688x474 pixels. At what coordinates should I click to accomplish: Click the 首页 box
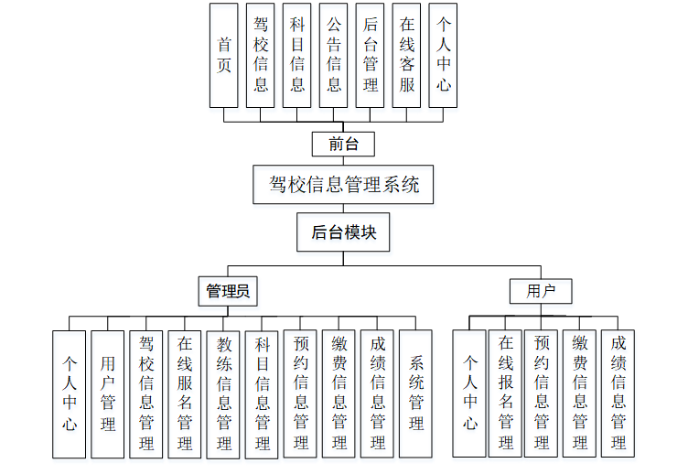tap(224, 55)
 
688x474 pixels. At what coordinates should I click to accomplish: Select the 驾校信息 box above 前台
tap(261, 55)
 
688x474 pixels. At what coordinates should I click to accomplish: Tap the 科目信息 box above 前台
tap(297, 55)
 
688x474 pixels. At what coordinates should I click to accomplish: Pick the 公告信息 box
tap(334, 55)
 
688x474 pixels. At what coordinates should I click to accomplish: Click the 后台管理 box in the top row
tap(371, 55)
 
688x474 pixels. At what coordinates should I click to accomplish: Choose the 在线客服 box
tap(407, 55)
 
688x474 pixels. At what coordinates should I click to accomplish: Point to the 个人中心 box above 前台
tap(443, 55)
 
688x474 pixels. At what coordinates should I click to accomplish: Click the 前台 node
tap(342, 144)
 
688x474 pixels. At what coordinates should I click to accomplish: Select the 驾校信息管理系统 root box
tap(343, 184)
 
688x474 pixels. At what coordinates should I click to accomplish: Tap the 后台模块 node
tap(343, 232)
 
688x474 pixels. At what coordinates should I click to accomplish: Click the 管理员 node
tap(228, 292)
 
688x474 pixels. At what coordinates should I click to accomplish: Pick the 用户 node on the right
tap(541, 292)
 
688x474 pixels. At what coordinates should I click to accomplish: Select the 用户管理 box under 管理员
tap(108, 393)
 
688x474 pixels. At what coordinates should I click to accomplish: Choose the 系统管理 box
tap(416, 393)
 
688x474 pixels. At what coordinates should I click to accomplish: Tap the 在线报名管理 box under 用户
tap(505, 393)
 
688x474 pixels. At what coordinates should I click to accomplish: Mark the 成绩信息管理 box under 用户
tap(618, 393)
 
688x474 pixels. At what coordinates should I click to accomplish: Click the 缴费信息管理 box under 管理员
tap(339, 393)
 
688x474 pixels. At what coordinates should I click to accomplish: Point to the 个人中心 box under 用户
tap(469, 393)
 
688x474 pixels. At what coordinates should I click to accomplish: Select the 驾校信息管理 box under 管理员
tap(146, 393)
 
